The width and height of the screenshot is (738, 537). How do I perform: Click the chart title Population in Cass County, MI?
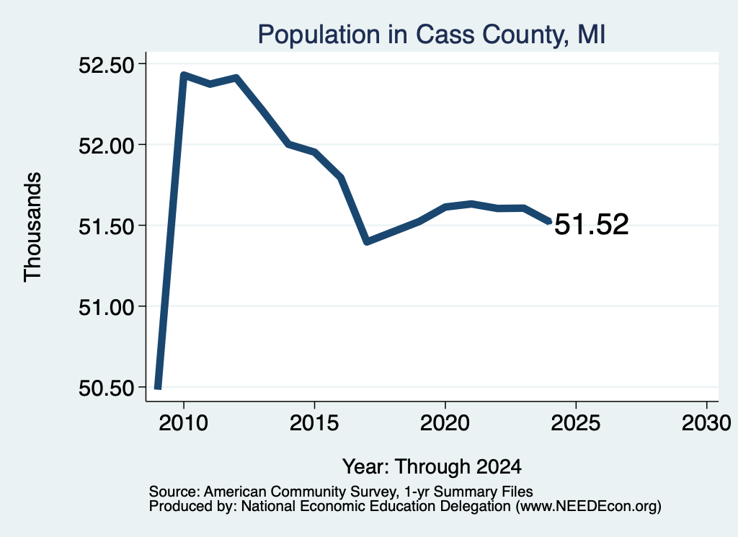tap(431, 35)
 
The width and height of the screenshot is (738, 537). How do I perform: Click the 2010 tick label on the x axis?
tap(183, 423)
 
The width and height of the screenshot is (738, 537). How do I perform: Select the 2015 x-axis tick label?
tap(314, 423)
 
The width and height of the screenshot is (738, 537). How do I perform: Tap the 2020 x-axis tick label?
tap(445, 423)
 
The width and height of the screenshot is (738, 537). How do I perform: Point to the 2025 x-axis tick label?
tap(576, 423)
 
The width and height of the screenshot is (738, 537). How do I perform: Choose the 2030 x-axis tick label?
tap(706, 423)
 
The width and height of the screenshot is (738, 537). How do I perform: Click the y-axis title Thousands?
tap(33, 227)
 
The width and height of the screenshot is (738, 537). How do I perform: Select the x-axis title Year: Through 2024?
tap(432, 466)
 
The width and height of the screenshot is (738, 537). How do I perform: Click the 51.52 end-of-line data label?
tap(592, 224)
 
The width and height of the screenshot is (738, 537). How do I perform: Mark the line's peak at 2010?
tap(184, 75)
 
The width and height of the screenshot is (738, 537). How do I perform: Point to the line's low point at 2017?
tap(367, 242)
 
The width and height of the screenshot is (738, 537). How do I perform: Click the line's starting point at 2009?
tap(158, 387)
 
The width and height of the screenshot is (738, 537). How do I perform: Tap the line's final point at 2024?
tap(548, 222)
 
